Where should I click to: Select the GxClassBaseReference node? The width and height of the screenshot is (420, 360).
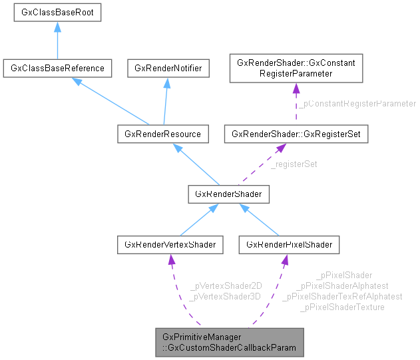pyautogui.click(x=57, y=68)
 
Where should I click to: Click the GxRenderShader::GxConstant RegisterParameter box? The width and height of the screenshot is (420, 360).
pyautogui.click(x=296, y=68)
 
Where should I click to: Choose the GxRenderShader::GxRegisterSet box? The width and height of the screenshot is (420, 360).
pyautogui.click(x=296, y=134)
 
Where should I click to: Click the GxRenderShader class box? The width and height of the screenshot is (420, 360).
pyautogui.click(x=228, y=194)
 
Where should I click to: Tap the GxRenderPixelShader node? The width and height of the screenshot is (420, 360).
pyautogui.click(x=289, y=245)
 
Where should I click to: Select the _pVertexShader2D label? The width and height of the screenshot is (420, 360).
pyautogui.click(x=226, y=285)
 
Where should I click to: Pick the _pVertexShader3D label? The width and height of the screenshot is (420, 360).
pyautogui.click(x=226, y=296)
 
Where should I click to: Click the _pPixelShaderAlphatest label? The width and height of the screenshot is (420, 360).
pyautogui.click(x=343, y=285)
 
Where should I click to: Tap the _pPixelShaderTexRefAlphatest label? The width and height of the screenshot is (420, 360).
pyautogui.click(x=343, y=296)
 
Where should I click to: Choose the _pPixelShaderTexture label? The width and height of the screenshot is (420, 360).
pyautogui.click(x=343, y=307)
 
